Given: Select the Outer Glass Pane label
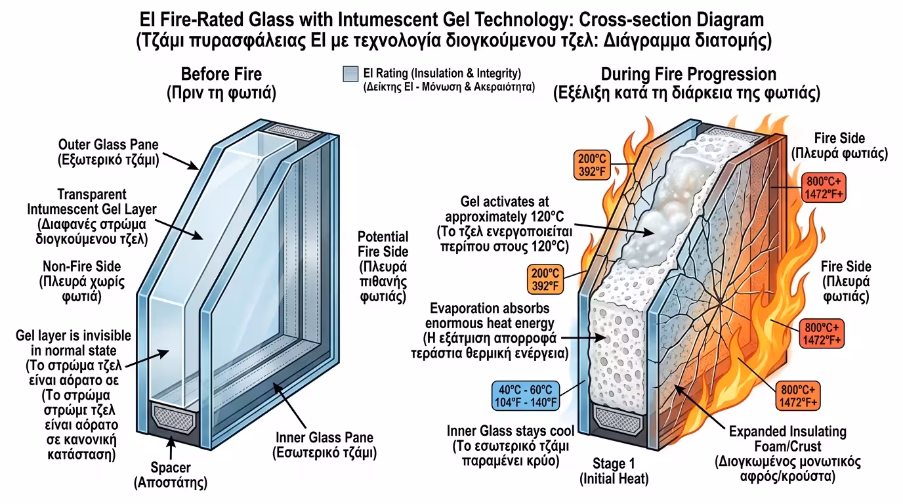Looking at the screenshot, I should (108, 152).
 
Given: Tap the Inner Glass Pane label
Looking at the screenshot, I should (324, 444).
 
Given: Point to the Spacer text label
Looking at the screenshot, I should (170, 475).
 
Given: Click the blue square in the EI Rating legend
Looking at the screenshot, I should (350, 73).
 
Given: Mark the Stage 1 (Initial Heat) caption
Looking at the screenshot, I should (614, 471).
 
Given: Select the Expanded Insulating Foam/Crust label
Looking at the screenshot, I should (787, 453).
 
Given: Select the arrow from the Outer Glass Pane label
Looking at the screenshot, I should (180, 160).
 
